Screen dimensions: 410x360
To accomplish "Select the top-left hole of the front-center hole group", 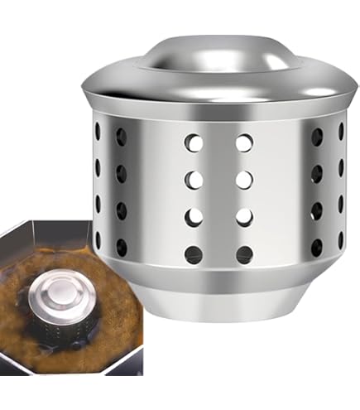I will [x=194, y=143].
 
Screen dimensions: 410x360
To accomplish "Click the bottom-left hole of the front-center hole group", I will [x=194, y=253].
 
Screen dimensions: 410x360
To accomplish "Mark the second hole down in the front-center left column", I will [x=194, y=179].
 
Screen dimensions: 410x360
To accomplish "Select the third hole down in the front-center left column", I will [x=194, y=216].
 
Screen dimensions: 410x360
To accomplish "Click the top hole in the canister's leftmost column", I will [x=98, y=132].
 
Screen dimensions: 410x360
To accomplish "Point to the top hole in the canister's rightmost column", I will [x=340, y=132].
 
